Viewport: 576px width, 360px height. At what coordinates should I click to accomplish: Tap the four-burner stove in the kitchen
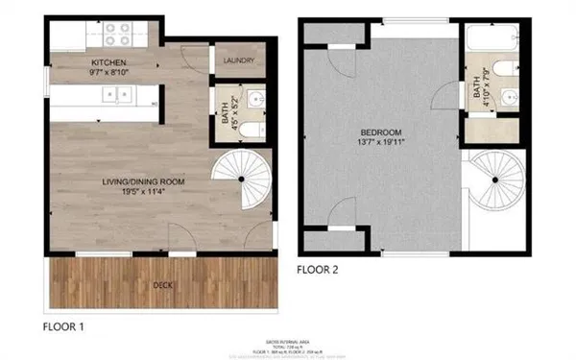click(x=119, y=36)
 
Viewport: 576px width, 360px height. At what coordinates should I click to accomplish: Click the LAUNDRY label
click(x=238, y=60)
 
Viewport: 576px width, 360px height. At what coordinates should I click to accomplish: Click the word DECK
click(x=163, y=286)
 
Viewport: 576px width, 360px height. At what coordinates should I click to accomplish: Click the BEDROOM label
click(x=381, y=132)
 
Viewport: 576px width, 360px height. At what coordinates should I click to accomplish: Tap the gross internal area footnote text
click(x=287, y=345)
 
